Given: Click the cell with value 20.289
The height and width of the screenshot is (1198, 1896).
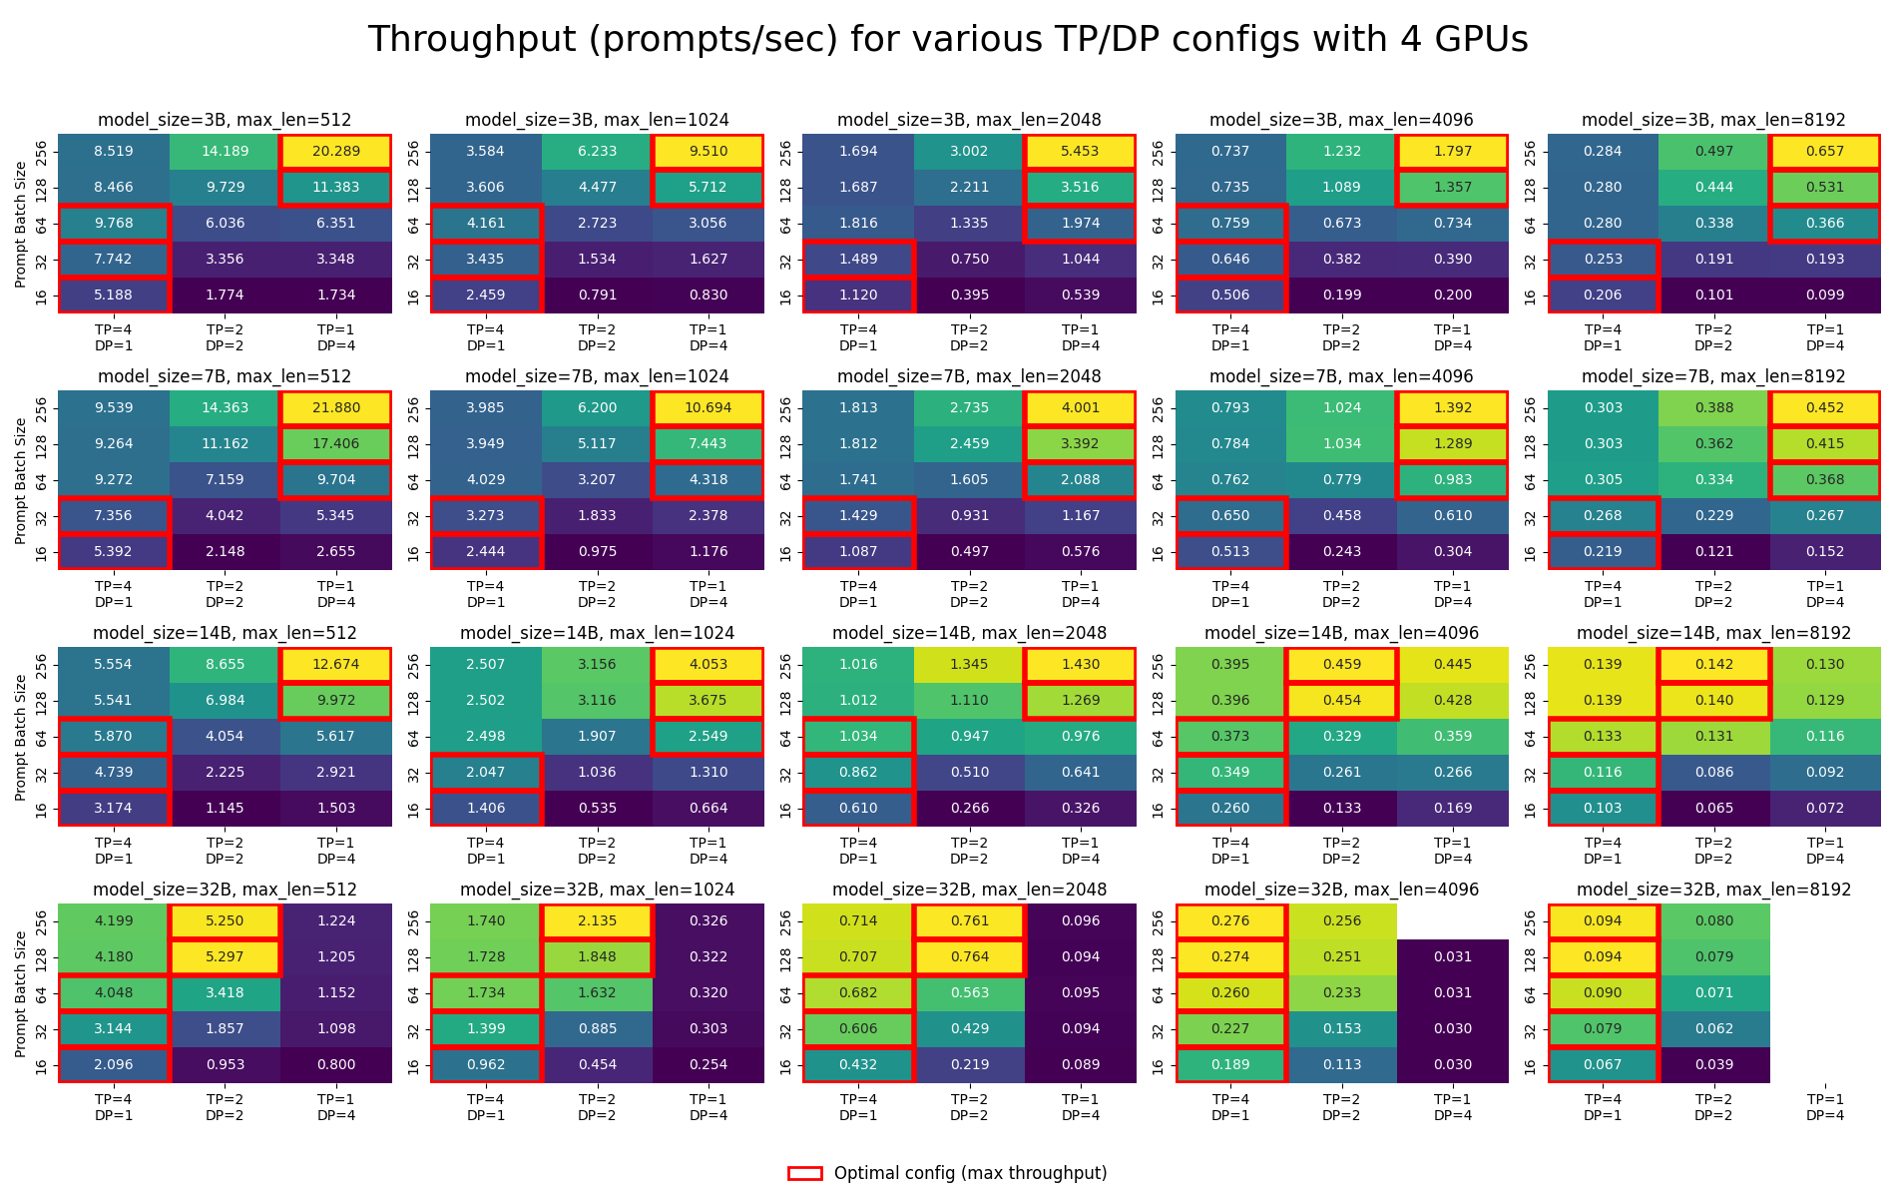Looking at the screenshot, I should [335, 152].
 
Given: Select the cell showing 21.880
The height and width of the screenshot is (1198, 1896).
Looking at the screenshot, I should [335, 408].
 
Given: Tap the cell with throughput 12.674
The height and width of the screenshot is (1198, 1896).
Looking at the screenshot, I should [335, 665].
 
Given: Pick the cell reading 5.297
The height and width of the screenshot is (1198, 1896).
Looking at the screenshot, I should [225, 957].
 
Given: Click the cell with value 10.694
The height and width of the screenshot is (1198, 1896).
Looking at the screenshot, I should [708, 408].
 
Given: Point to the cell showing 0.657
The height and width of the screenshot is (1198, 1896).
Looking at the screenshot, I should [1824, 152].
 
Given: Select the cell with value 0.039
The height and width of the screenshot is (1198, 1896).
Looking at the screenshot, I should [1713, 1065].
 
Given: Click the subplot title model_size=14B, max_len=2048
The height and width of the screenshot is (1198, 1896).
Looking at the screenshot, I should [969, 633].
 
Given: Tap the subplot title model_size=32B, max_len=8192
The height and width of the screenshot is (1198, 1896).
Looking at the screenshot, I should [1713, 890].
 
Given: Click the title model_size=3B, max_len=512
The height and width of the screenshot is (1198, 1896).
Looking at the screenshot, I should [225, 120].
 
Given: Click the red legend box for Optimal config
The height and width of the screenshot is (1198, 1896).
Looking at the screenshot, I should [805, 1173].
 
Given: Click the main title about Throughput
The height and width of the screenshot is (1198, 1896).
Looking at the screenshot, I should [948, 40].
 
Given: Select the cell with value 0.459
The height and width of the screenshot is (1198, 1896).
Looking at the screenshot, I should [1341, 665].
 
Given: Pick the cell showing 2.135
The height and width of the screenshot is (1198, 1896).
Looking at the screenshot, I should [597, 921].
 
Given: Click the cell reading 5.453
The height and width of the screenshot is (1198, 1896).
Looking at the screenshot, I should [1080, 152].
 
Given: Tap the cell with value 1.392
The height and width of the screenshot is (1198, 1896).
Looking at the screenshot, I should [1452, 408].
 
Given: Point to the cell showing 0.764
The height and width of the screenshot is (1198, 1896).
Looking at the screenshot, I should [969, 957].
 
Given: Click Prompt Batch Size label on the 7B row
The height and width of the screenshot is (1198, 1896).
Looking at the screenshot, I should [21, 480].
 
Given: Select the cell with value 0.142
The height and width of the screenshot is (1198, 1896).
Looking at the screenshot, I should [1713, 665].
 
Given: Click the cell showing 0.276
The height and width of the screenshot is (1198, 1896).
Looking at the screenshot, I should [1230, 921].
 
